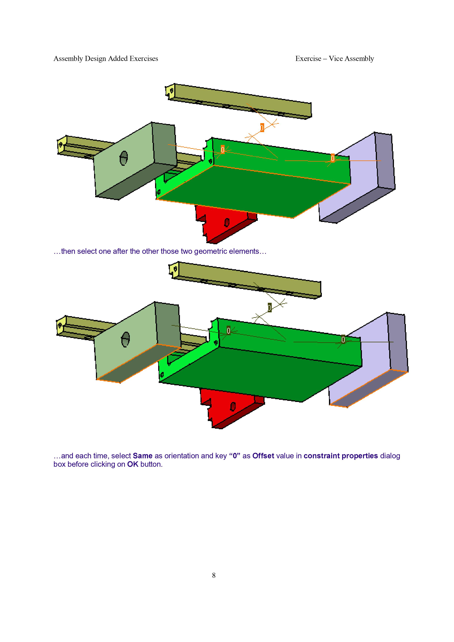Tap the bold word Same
tap(142, 456)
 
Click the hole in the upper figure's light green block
tap(124, 158)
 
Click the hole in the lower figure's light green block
tap(126, 339)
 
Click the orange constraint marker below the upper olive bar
tap(262, 128)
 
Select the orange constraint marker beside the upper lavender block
tap(332, 158)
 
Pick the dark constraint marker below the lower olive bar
tap(269, 308)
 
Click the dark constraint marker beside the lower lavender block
tap(343, 339)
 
